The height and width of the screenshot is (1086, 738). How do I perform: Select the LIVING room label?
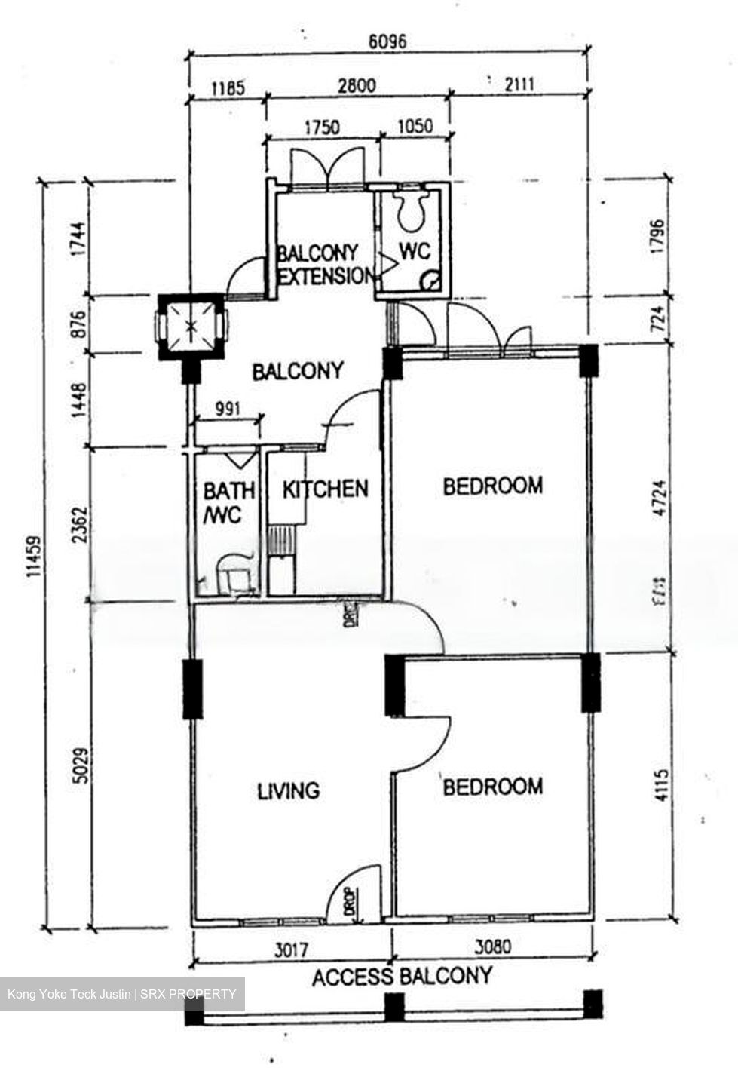point(289,790)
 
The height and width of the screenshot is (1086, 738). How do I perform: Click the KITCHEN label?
point(326,489)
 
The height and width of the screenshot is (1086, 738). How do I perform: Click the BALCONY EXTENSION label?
point(323,264)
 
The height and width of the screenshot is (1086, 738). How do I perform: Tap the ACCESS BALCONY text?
point(402,977)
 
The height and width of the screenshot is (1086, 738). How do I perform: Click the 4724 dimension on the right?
point(660,499)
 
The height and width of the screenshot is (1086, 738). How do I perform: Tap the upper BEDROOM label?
point(491,486)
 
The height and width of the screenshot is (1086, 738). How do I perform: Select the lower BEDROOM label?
point(491,787)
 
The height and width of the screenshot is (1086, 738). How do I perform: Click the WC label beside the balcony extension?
point(414,251)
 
